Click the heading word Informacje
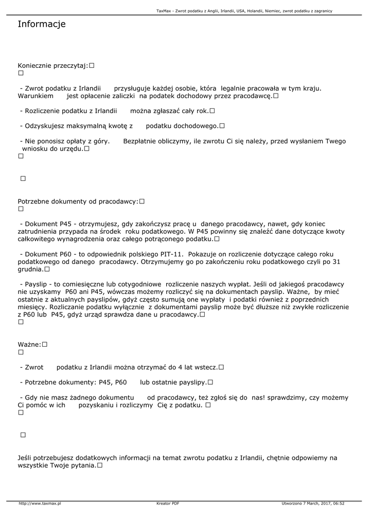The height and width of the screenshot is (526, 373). pyautogui.click(x=42, y=24)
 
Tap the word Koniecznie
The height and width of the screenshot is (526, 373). pyautogui.click(x=35, y=66)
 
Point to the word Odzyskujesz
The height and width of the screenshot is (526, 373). pyautogui.click(x=46, y=126)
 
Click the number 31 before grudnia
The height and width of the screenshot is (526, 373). pyautogui.click(x=336, y=261)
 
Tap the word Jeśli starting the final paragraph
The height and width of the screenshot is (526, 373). pyautogui.click(x=25, y=457)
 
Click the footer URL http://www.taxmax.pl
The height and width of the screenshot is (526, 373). pyautogui.click(x=40, y=503)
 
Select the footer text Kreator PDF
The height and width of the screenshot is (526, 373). pyautogui.click(x=168, y=503)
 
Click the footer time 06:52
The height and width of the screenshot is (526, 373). pyautogui.click(x=339, y=503)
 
